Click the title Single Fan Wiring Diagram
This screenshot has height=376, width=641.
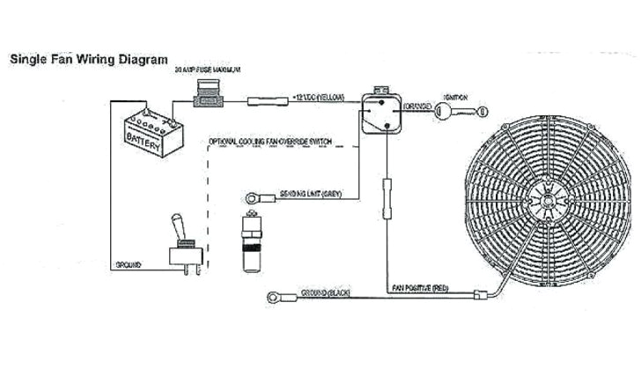87,60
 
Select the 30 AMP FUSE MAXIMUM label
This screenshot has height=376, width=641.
208,69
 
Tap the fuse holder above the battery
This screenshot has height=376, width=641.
210,97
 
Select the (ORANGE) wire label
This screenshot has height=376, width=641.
417,107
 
